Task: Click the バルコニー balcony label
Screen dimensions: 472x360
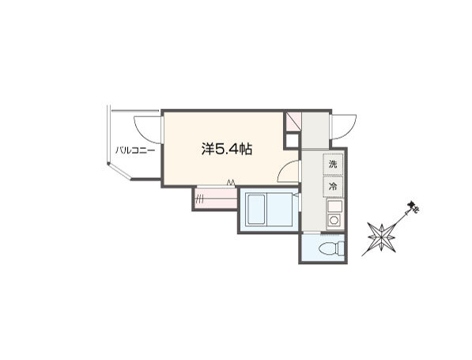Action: tap(135, 150)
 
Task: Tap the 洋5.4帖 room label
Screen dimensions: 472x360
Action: tap(227, 149)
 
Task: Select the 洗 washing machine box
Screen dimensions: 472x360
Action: tap(333, 165)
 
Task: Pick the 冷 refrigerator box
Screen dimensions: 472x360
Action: tap(333, 187)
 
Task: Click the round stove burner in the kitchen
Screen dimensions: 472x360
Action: tap(334, 220)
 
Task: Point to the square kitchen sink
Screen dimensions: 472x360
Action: tap(334, 207)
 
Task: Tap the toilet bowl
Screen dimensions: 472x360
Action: tap(327, 248)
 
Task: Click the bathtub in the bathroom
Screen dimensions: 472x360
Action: tap(256, 210)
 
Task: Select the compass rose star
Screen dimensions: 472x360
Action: tap(381, 237)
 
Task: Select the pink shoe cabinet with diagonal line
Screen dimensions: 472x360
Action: tap(293, 121)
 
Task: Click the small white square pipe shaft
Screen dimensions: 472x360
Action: tap(292, 141)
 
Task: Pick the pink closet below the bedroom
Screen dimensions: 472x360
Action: tap(215, 199)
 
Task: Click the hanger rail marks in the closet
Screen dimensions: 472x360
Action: tap(199, 199)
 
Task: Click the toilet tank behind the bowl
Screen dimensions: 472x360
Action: tap(341, 248)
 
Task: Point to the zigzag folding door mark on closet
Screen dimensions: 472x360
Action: tap(231, 182)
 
